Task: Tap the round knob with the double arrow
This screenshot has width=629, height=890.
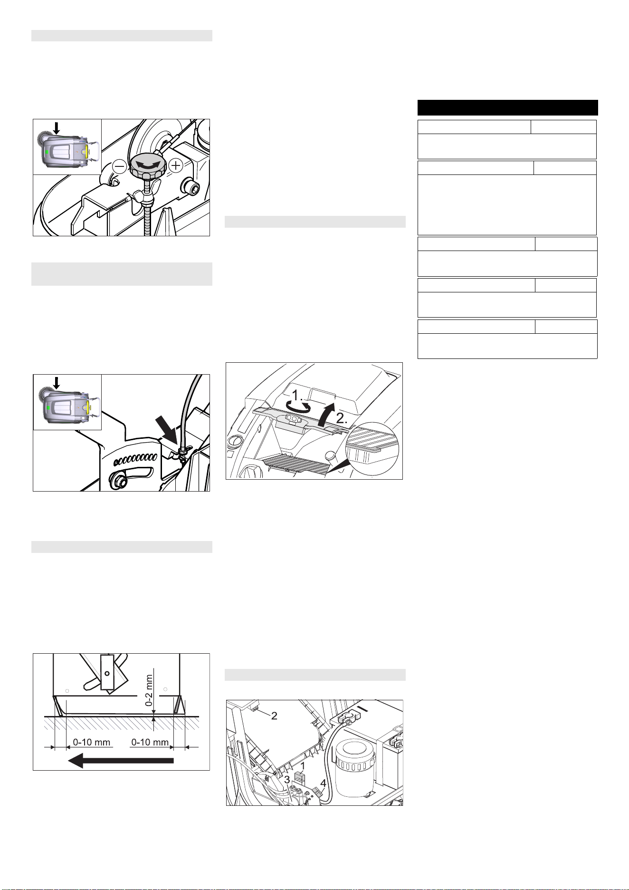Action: (x=148, y=164)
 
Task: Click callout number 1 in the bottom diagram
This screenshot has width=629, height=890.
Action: (x=302, y=766)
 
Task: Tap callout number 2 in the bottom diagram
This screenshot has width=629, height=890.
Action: (x=274, y=716)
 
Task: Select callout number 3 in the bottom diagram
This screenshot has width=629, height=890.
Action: (x=287, y=780)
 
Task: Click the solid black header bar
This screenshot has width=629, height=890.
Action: (x=507, y=107)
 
